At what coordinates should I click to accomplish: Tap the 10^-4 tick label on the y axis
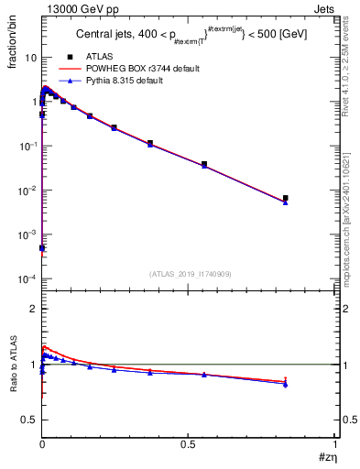point(25,279)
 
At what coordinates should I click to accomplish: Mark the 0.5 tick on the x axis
point(188,442)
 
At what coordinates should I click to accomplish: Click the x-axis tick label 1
point(333,442)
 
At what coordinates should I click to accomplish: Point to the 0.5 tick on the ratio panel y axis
point(27,420)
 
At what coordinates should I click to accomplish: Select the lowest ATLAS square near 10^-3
point(42,248)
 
